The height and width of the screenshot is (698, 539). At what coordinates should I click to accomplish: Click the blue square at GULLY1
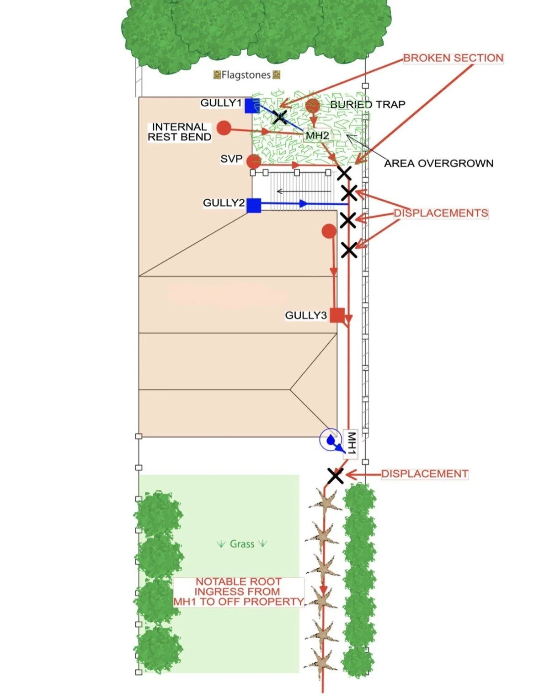tap(252, 106)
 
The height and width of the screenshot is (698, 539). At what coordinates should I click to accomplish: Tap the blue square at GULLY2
tap(253, 205)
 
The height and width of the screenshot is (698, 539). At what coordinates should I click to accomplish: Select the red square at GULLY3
tap(337, 315)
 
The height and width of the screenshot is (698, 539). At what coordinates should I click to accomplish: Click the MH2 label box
tap(317, 135)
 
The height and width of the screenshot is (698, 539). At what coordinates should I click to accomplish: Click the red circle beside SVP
tap(253, 161)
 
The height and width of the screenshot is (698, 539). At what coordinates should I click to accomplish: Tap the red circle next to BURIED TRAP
tap(313, 106)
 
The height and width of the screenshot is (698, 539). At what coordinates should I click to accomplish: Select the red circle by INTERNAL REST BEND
tap(224, 128)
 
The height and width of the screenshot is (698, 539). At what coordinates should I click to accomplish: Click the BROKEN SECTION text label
tap(453, 58)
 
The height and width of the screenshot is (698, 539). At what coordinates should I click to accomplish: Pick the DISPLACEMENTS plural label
tap(441, 213)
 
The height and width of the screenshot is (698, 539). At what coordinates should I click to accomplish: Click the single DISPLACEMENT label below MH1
tap(425, 474)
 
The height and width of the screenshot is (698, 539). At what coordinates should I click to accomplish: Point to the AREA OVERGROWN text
tap(439, 163)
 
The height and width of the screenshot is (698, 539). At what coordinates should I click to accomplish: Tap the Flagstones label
tap(246, 75)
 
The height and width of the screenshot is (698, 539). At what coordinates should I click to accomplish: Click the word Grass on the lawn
tap(242, 544)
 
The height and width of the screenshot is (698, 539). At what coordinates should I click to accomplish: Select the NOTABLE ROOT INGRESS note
tap(239, 591)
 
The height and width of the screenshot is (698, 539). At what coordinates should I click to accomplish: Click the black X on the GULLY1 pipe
tap(280, 117)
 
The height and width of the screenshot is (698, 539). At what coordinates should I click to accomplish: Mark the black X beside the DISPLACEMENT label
tap(336, 476)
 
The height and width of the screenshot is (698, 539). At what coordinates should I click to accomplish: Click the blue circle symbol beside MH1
tap(331, 439)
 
